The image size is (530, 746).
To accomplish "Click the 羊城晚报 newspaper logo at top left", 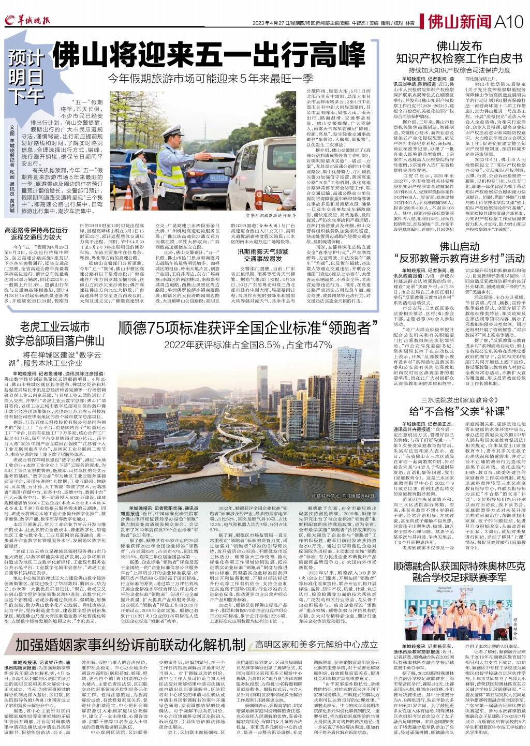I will point(29,21).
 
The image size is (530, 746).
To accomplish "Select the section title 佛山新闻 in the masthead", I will point(460,22).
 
